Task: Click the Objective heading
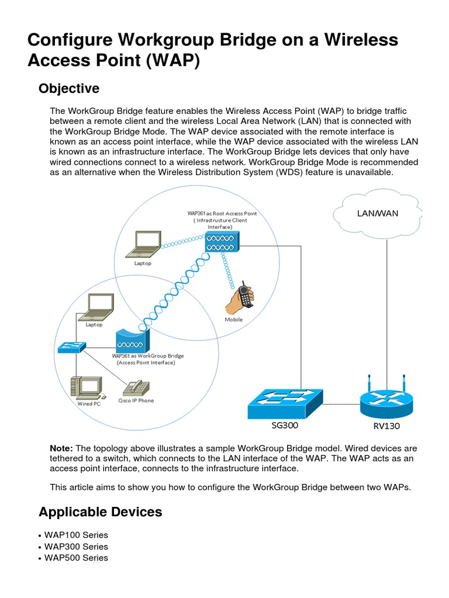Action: (69, 89)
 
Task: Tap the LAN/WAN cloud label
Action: (377, 214)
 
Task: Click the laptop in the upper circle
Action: (143, 245)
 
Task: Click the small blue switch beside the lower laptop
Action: (72, 347)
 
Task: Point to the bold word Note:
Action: (61, 448)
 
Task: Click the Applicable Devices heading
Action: (100, 512)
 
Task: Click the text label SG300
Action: (285, 425)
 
